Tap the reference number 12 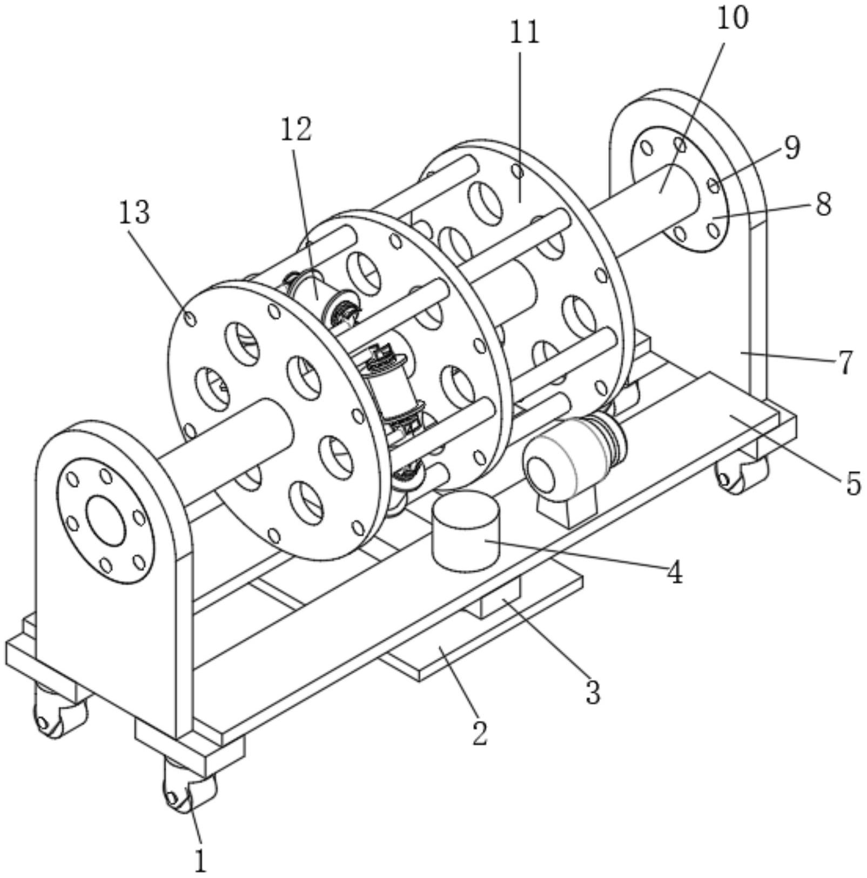click(296, 130)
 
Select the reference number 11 click(525, 32)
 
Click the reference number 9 click(792, 148)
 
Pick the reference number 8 click(823, 204)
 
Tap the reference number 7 click(845, 361)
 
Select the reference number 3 click(593, 692)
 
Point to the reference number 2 click(480, 733)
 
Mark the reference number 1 click(200, 861)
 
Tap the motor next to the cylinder click(574, 457)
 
